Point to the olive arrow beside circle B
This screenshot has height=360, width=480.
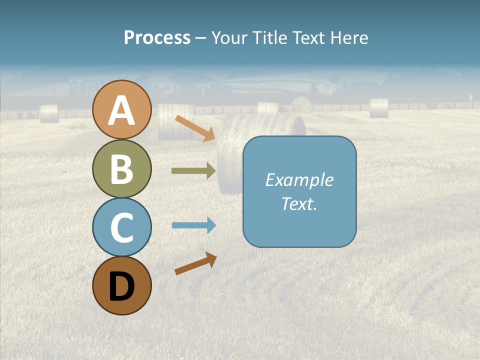(x=193, y=171)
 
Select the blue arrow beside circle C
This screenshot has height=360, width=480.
(x=193, y=225)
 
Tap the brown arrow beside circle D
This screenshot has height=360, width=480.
(x=195, y=263)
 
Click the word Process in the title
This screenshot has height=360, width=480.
(x=157, y=38)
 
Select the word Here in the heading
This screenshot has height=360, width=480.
(x=348, y=38)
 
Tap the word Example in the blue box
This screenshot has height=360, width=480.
(x=299, y=180)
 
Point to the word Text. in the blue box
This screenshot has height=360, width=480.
(x=299, y=203)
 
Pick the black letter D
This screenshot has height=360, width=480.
(x=121, y=286)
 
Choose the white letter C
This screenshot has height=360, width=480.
(x=121, y=228)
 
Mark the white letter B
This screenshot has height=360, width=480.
(x=121, y=169)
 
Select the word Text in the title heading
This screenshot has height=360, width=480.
(x=307, y=38)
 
